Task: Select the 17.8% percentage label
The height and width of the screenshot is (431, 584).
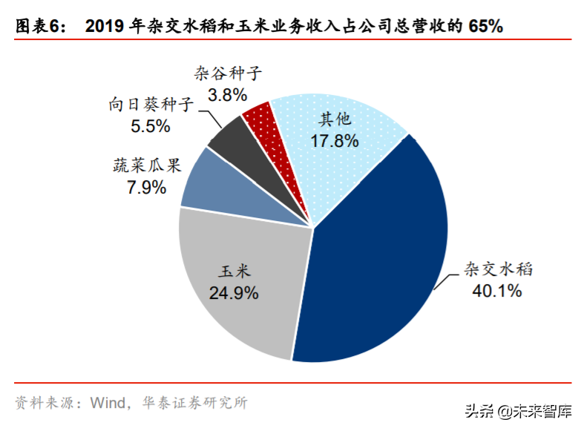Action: tap(333, 139)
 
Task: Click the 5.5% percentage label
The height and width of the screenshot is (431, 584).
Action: tap(151, 126)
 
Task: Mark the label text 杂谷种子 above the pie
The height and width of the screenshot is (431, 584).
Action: tap(229, 73)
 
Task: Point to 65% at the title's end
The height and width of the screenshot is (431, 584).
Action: tap(486, 27)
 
